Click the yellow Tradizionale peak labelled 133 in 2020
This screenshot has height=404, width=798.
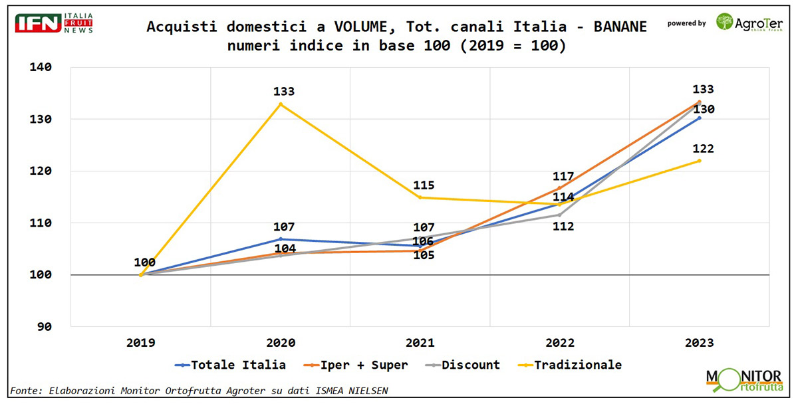point(281,104)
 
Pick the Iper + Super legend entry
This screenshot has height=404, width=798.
point(357,365)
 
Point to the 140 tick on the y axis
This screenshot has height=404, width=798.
point(41,67)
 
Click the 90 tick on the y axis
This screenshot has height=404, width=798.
point(45,326)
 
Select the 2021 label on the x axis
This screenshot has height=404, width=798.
point(420,343)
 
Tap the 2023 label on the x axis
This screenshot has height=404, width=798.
point(699,343)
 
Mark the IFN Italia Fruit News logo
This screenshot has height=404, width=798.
point(54,23)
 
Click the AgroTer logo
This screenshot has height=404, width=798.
point(749,23)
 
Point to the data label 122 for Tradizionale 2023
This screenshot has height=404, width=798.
point(702,149)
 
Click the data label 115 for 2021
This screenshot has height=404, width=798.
point(423,185)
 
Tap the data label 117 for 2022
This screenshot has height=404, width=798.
point(563,176)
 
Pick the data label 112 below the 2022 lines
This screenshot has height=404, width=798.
point(563,227)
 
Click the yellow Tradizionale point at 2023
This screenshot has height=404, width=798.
point(699,161)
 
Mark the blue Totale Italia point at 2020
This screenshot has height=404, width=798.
point(281,239)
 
